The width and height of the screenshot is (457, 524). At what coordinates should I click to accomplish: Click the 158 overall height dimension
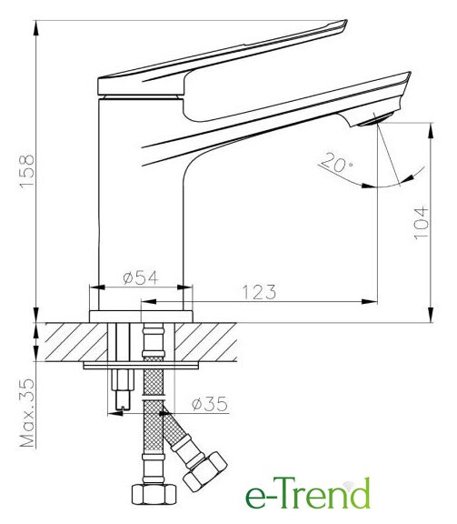[26, 171]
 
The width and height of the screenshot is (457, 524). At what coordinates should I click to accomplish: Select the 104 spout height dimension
[421, 222]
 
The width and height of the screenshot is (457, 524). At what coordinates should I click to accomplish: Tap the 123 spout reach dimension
[259, 292]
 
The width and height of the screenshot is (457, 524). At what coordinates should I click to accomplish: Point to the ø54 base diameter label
[140, 277]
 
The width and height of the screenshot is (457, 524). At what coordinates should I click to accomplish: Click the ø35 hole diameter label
[210, 404]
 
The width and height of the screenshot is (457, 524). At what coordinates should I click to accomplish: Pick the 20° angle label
[336, 162]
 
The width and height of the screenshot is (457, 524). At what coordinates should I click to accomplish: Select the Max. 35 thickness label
[27, 413]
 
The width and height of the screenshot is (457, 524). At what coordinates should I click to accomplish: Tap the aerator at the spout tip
[375, 120]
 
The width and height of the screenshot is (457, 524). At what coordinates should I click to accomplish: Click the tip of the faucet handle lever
[345, 23]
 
